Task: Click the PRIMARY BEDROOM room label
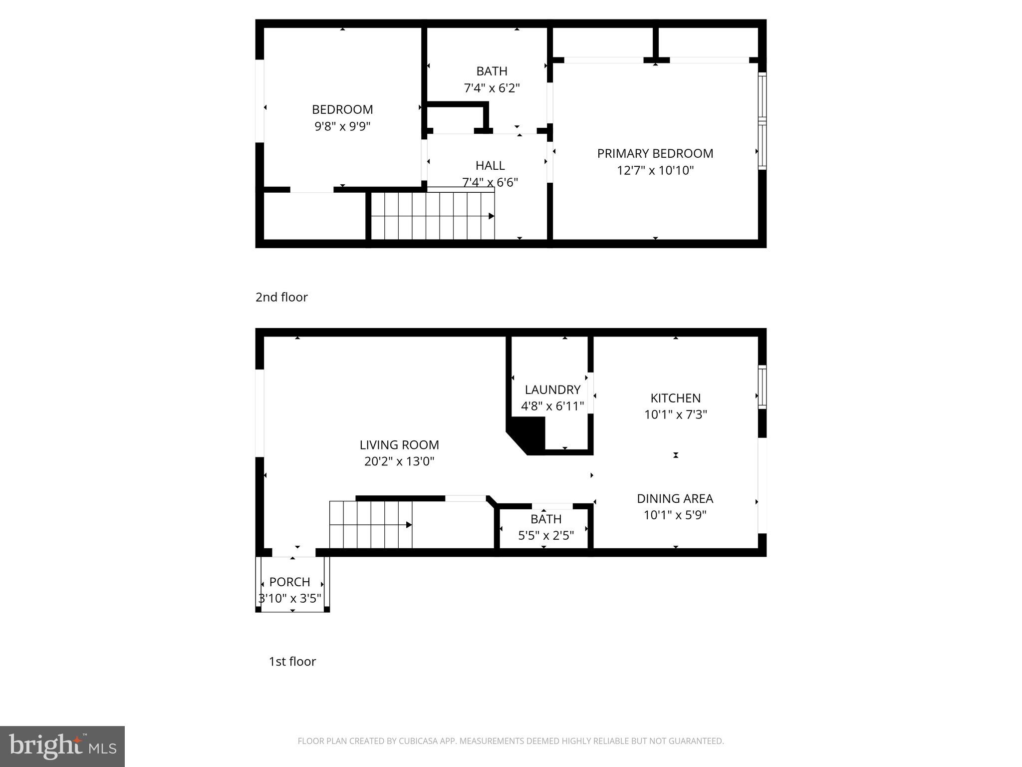click(655, 153)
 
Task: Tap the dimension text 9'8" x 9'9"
click(342, 126)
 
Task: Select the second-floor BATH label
click(492, 71)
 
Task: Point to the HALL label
click(490, 165)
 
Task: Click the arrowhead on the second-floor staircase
click(491, 216)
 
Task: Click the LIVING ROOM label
click(399, 444)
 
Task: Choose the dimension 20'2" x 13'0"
click(399, 461)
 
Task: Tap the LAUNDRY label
click(552, 389)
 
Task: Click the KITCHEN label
click(675, 398)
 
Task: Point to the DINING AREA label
click(675, 498)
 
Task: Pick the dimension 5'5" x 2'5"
click(546, 536)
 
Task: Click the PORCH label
click(289, 582)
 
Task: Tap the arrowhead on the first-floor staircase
click(409, 525)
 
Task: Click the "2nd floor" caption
click(281, 297)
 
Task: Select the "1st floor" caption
click(292, 661)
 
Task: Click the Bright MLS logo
click(62, 746)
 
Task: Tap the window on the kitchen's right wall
click(762, 386)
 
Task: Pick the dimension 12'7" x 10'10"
click(655, 171)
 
